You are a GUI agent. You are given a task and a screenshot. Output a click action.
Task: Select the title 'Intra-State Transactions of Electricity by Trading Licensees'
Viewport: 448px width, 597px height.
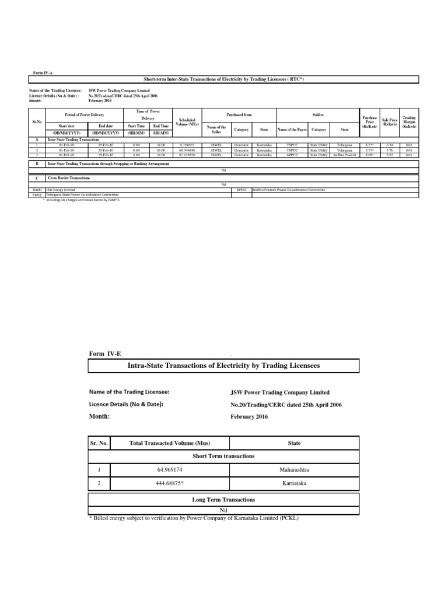[x=223, y=366]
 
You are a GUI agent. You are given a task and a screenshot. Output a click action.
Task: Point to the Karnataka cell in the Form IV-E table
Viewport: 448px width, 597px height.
[x=294, y=483]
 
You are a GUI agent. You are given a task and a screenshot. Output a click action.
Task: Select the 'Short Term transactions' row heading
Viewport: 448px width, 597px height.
[x=223, y=456]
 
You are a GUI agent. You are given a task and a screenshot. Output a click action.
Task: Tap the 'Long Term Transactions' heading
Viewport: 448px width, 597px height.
[x=223, y=500]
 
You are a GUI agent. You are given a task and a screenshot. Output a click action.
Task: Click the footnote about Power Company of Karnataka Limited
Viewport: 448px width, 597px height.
[x=193, y=518]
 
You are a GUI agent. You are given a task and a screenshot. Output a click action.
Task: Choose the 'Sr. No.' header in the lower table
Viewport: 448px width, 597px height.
[x=99, y=443]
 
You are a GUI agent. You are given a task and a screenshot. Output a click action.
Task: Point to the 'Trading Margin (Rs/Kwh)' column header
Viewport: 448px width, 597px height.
[x=409, y=121]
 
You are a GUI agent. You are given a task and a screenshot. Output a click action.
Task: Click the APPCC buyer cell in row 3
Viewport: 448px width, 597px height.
[x=289, y=156]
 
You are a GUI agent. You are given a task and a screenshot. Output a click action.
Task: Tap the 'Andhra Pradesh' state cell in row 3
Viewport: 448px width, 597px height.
[x=344, y=156]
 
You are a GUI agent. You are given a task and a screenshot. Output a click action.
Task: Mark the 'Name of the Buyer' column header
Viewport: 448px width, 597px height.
[x=291, y=129]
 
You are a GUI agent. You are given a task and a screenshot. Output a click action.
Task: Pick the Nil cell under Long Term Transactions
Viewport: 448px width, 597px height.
[x=223, y=510]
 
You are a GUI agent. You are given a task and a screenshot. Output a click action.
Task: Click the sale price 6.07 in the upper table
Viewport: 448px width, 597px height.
[x=389, y=156]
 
